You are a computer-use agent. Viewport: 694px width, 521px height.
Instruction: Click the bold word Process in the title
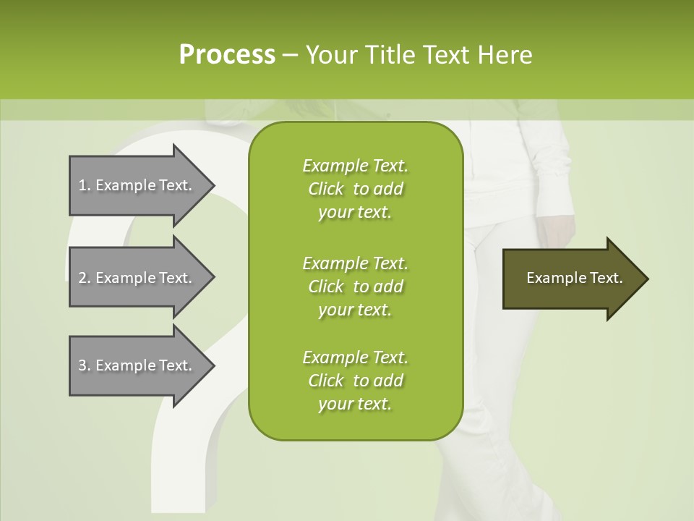(227, 54)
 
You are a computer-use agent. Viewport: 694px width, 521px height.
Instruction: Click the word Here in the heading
(505, 54)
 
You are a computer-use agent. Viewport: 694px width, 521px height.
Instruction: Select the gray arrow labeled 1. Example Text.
(137, 185)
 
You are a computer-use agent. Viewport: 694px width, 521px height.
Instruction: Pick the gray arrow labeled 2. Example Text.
(137, 278)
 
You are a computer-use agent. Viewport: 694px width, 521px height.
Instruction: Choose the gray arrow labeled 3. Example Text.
(137, 365)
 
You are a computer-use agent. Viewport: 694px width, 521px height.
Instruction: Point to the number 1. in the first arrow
(85, 185)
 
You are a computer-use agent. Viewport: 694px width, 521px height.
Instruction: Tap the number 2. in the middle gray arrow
(85, 278)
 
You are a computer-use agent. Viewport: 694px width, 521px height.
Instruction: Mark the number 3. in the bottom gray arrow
(85, 365)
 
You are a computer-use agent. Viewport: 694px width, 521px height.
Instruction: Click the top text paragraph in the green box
(355, 189)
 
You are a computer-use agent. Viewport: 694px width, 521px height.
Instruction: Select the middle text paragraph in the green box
(355, 286)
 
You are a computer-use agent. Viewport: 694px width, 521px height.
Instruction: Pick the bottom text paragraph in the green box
(355, 381)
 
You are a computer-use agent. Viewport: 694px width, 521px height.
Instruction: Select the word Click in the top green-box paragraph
(325, 189)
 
